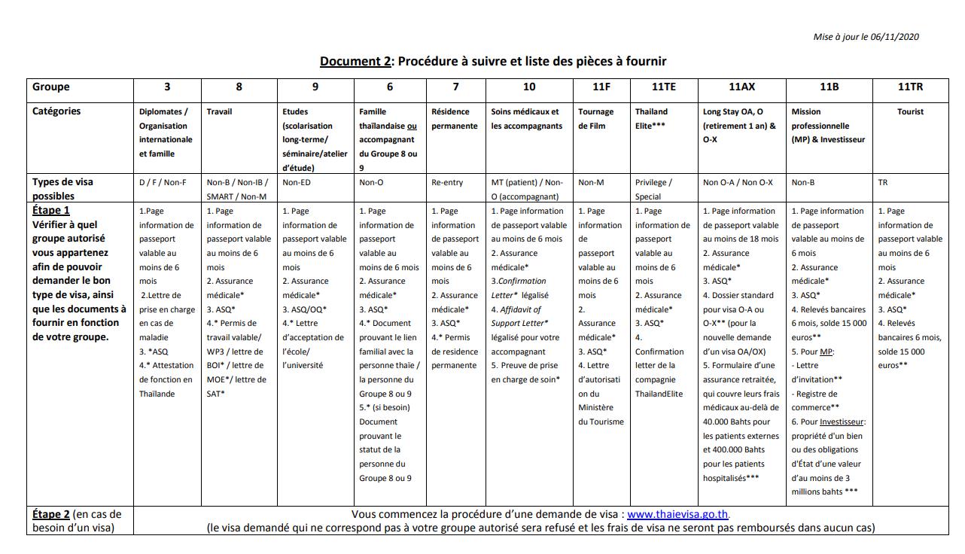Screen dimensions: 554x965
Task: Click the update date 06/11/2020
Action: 895,37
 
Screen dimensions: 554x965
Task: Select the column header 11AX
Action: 741,87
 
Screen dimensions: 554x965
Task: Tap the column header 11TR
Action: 910,87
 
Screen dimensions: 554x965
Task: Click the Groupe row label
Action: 51,87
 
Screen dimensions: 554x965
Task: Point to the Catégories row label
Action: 56,111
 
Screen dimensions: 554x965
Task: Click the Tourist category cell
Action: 910,111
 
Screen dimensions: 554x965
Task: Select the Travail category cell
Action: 219,111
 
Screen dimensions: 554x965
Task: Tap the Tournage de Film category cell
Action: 595,118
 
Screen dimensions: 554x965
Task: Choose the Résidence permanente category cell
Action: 454,118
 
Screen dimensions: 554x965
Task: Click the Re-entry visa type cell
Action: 447,182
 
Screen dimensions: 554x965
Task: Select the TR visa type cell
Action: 883,182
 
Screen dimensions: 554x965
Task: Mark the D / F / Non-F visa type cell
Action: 163,182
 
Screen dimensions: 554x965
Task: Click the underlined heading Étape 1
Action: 51,210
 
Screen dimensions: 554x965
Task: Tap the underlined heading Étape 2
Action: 51,514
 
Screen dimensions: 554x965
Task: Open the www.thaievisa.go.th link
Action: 677,515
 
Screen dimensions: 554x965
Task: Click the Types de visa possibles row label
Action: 63,189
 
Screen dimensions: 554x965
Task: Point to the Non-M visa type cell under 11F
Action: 592,182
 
